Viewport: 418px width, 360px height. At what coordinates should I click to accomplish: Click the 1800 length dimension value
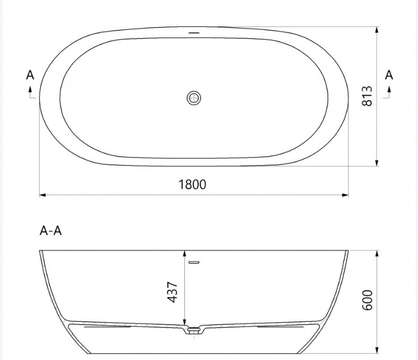192,184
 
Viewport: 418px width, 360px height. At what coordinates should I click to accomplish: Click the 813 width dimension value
367,96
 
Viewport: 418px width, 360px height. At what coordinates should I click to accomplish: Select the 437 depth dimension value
172,292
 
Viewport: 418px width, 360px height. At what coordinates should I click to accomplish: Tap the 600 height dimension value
367,300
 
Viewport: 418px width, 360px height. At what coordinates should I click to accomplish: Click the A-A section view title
50,230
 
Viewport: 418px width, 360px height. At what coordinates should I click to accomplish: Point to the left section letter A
30,75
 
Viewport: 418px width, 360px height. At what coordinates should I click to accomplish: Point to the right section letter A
389,75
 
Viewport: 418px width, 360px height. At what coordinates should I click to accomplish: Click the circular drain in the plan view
194,98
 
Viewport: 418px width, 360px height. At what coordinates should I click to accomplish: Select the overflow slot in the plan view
194,33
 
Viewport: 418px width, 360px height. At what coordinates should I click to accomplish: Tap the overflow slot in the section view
194,262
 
